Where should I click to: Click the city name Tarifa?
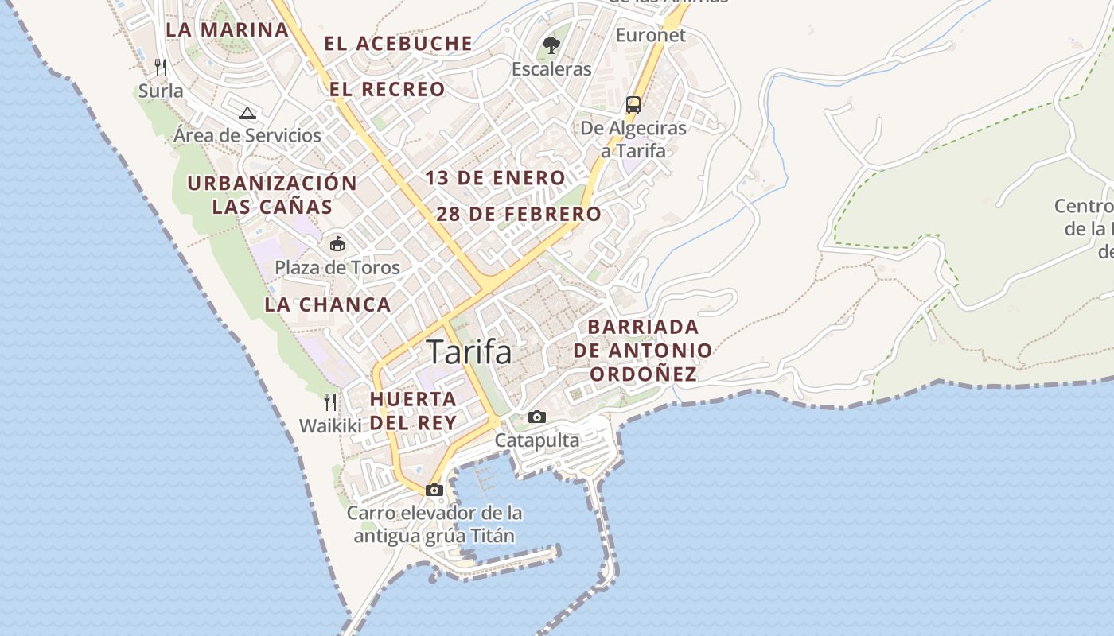point(469,352)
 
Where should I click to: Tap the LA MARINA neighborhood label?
point(227,30)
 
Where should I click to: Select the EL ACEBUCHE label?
point(398,44)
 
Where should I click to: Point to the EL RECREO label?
point(388,89)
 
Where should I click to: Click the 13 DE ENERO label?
point(495,178)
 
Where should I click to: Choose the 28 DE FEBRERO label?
point(519,214)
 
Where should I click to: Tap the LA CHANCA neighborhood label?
point(327,304)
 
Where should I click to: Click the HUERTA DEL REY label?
point(414,410)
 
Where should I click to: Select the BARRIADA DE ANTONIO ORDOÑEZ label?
point(643,351)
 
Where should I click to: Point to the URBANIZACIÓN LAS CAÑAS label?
point(272,195)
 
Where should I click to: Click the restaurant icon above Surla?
point(161,66)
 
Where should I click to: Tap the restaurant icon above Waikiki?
point(330,401)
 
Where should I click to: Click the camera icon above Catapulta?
point(537,417)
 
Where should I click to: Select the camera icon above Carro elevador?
point(434,490)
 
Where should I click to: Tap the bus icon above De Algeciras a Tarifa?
point(633,104)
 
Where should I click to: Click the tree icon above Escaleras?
point(551,45)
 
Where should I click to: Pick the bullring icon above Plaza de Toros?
point(337,243)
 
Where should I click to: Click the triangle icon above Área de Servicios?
point(247,113)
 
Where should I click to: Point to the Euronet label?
point(650,35)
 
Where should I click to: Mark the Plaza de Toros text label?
point(337,267)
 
